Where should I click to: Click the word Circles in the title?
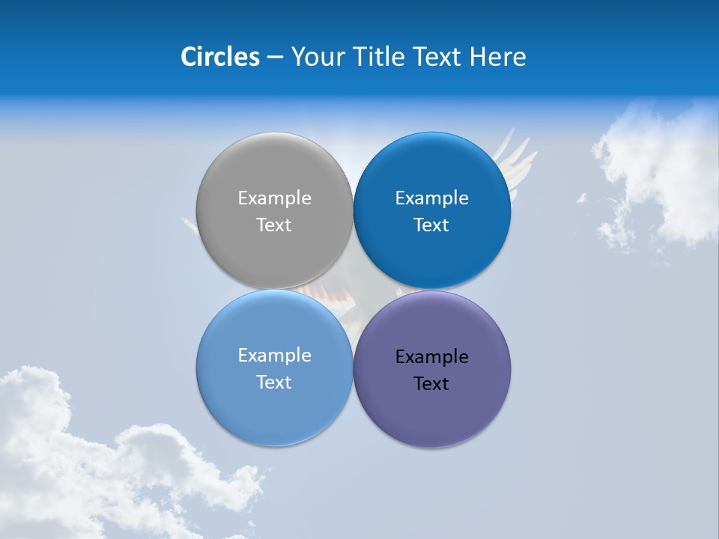[x=219, y=57]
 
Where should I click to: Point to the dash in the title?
[x=274, y=58]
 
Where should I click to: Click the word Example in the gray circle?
[x=274, y=198]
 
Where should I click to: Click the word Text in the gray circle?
[x=274, y=225]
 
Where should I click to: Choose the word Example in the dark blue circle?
[x=431, y=198]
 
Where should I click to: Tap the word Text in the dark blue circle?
[x=431, y=225]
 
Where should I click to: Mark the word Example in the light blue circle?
[x=274, y=356]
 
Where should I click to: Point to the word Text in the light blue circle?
[x=274, y=383]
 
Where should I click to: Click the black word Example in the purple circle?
[x=431, y=357]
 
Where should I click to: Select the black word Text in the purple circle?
[x=431, y=384]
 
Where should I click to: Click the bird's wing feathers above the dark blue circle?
[x=515, y=150]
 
